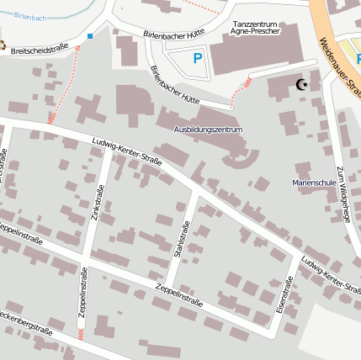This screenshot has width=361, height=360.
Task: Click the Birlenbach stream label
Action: click(x=31, y=17)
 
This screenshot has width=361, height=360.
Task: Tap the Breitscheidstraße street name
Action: click(x=41, y=48)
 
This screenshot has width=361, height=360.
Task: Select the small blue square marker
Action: click(x=90, y=36)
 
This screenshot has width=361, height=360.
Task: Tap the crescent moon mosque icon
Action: click(x=302, y=84)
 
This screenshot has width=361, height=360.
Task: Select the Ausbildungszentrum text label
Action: click(x=208, y=130)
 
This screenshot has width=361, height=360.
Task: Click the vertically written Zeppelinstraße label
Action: click(x=82, y=292)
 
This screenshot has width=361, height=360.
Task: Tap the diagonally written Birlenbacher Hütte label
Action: click(x=177, y=87)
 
